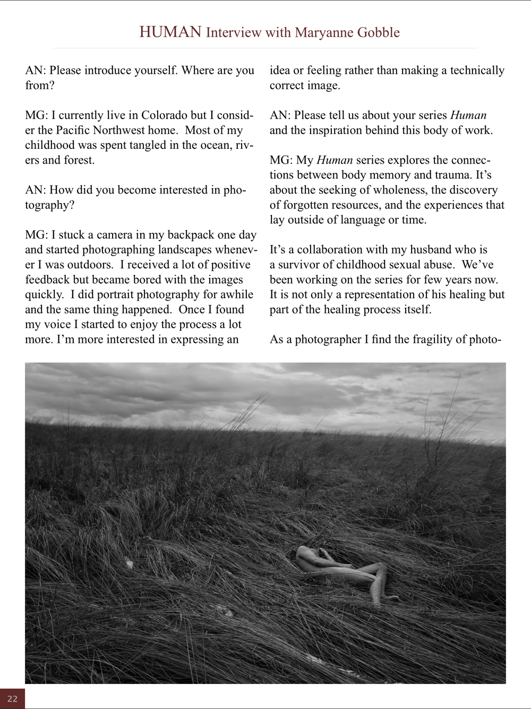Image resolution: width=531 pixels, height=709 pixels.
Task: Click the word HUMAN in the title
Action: click(170, 32)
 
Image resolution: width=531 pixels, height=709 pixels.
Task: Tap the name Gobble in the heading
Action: click(378, 32)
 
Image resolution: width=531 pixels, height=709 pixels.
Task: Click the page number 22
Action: click(12, 699)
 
